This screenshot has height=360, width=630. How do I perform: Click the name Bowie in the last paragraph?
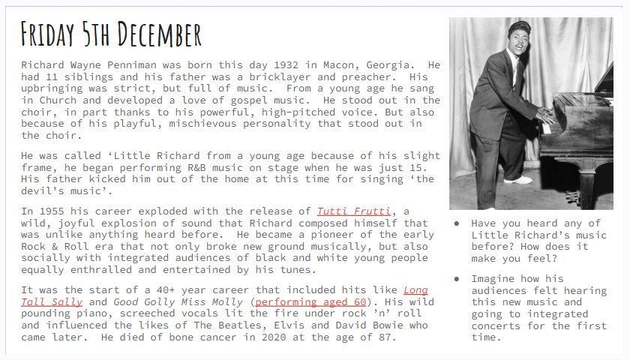point(389,325)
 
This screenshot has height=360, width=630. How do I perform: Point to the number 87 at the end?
point(384,337)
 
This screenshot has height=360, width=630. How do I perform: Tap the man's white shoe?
point(517,179)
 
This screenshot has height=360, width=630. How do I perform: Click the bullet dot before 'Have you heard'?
point(457,223)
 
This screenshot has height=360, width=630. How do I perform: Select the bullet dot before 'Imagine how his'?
point(457,278)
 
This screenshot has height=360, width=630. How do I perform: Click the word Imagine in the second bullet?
point(493,278)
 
